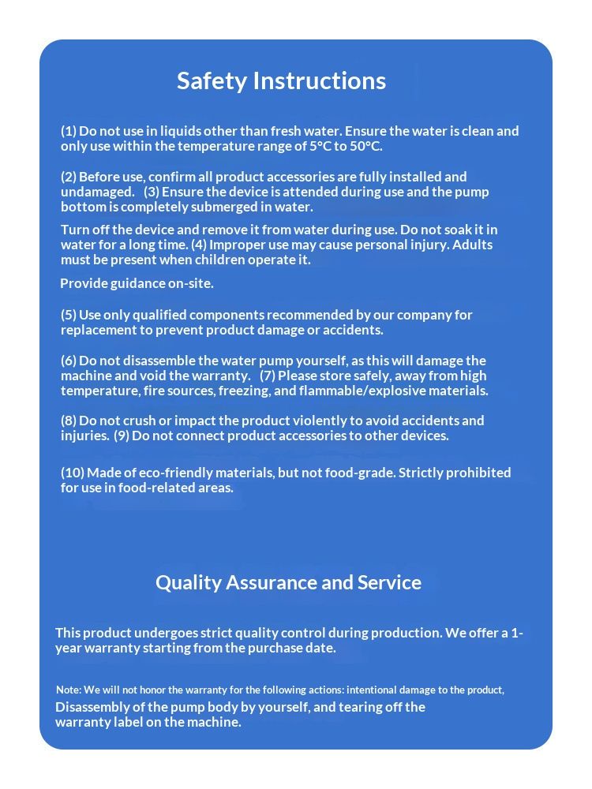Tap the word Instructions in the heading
319,80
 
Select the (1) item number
69,131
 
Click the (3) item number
152,192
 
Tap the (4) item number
199,245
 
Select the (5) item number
69,315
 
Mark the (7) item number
268,376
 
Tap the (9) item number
122,436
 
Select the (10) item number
73,473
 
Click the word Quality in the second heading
188,582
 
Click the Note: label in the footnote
69,690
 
